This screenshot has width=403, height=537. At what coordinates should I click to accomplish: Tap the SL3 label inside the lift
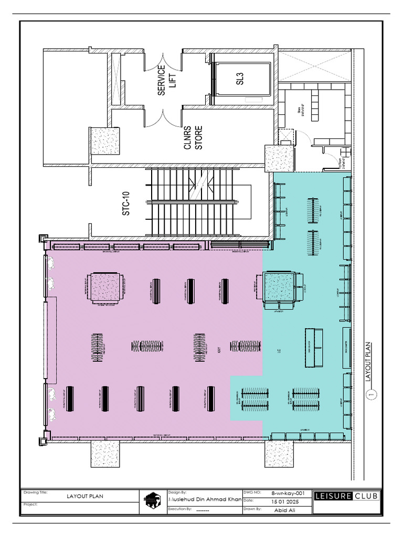click(x=240, y=79)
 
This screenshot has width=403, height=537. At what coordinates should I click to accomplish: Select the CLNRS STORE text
click(x=193, y=137)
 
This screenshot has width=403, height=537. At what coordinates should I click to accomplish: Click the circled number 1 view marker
click(x=372, y=395)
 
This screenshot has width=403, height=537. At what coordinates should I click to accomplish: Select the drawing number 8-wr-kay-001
click(x=288, y=493)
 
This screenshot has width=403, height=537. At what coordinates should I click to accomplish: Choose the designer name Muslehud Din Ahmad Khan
click(x=205, y=500)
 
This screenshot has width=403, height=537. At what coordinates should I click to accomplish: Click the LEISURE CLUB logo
click(x=347, y=496)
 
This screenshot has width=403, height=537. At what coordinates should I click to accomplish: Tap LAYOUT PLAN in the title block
click(x=84, y=496)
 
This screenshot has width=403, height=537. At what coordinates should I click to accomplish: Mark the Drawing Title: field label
click(x=35, y=492)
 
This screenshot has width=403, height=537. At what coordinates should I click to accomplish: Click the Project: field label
click(x=31, y=504)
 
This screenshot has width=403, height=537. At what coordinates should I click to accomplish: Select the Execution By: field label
click(x=179, y=509)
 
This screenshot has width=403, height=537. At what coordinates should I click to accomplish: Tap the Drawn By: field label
click(x=252, y=509)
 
